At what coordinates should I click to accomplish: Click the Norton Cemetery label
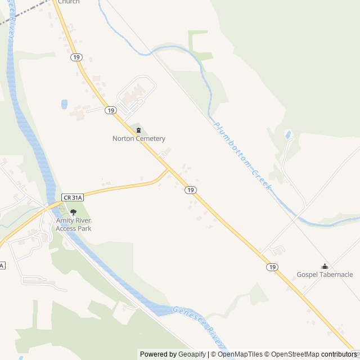pos(138,138)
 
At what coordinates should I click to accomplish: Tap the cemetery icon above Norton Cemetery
pos(138,130)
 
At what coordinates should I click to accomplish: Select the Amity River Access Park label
pos(73,225)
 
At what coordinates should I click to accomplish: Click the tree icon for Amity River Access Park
pos(73,212)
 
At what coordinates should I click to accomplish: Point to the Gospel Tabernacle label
pos(325,274)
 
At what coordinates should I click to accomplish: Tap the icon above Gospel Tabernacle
pos(325,266)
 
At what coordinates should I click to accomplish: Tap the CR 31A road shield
pos(73,197)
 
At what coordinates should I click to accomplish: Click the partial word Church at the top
pos(68,2)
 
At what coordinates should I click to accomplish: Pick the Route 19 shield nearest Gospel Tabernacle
pos(272,267)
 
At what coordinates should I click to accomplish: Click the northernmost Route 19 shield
pos(76,57)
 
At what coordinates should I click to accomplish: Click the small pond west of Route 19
pos(64,104)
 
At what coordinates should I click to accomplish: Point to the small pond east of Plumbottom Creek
pos(288,134)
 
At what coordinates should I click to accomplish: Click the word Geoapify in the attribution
pos(192,354)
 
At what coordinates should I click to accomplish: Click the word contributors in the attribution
pos(340,354)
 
